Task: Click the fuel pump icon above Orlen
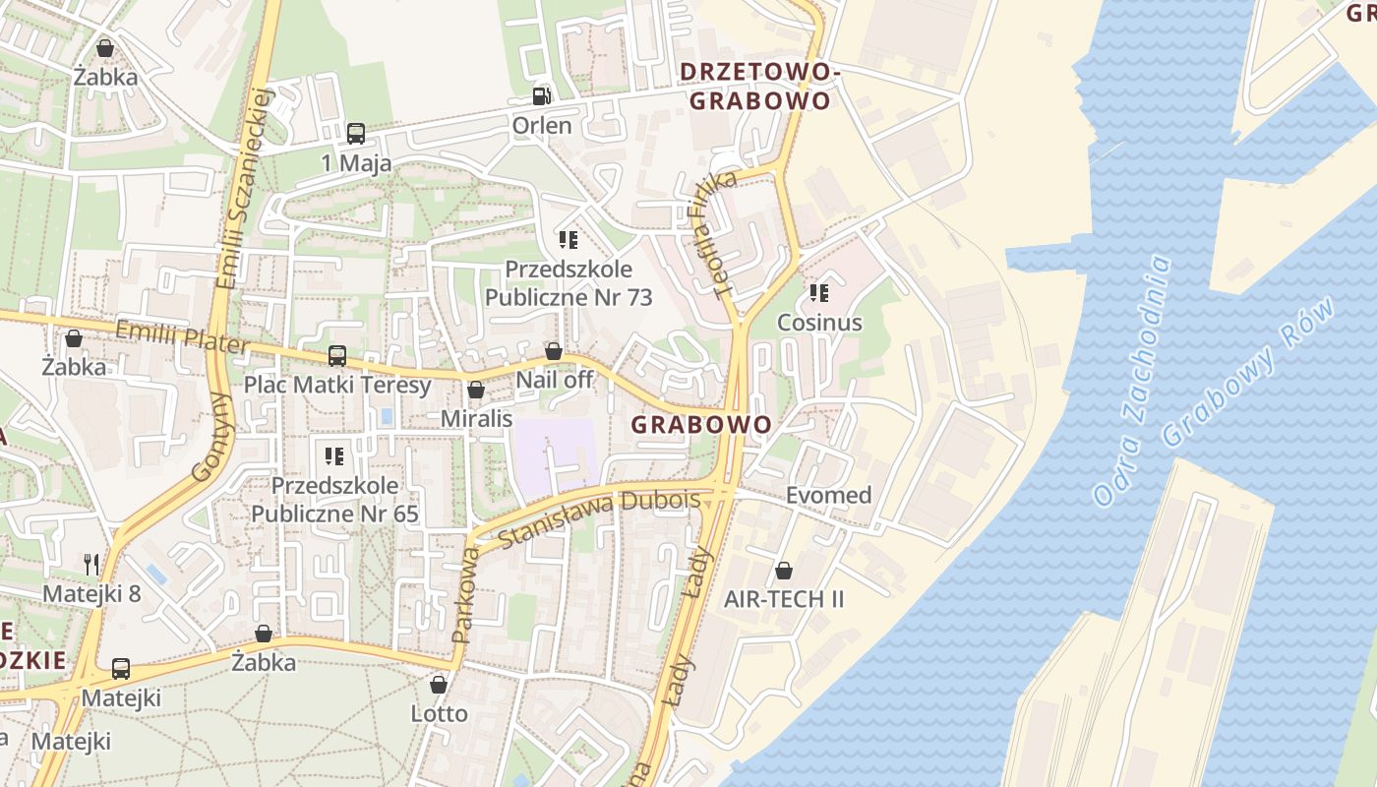(x=541, y=95)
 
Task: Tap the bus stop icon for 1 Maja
(x=356, y=133)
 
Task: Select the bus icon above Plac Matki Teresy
(x=337, y=355)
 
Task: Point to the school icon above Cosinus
(x=819, y=292)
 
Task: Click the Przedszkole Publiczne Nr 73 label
(x=569, y=283)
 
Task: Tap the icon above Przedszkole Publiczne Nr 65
(x=334, y=455)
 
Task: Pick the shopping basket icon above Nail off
(x=554, y=351)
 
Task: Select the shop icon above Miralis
(x=476, y=390)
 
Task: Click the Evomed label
(x=828, y=495)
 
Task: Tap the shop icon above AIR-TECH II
(x=784, y=571)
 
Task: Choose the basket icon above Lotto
(x=439, y=684)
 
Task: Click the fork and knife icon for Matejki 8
(x=91, y=564)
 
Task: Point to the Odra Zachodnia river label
(x=1132, y=381)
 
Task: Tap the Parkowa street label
(x=465, y=595)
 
